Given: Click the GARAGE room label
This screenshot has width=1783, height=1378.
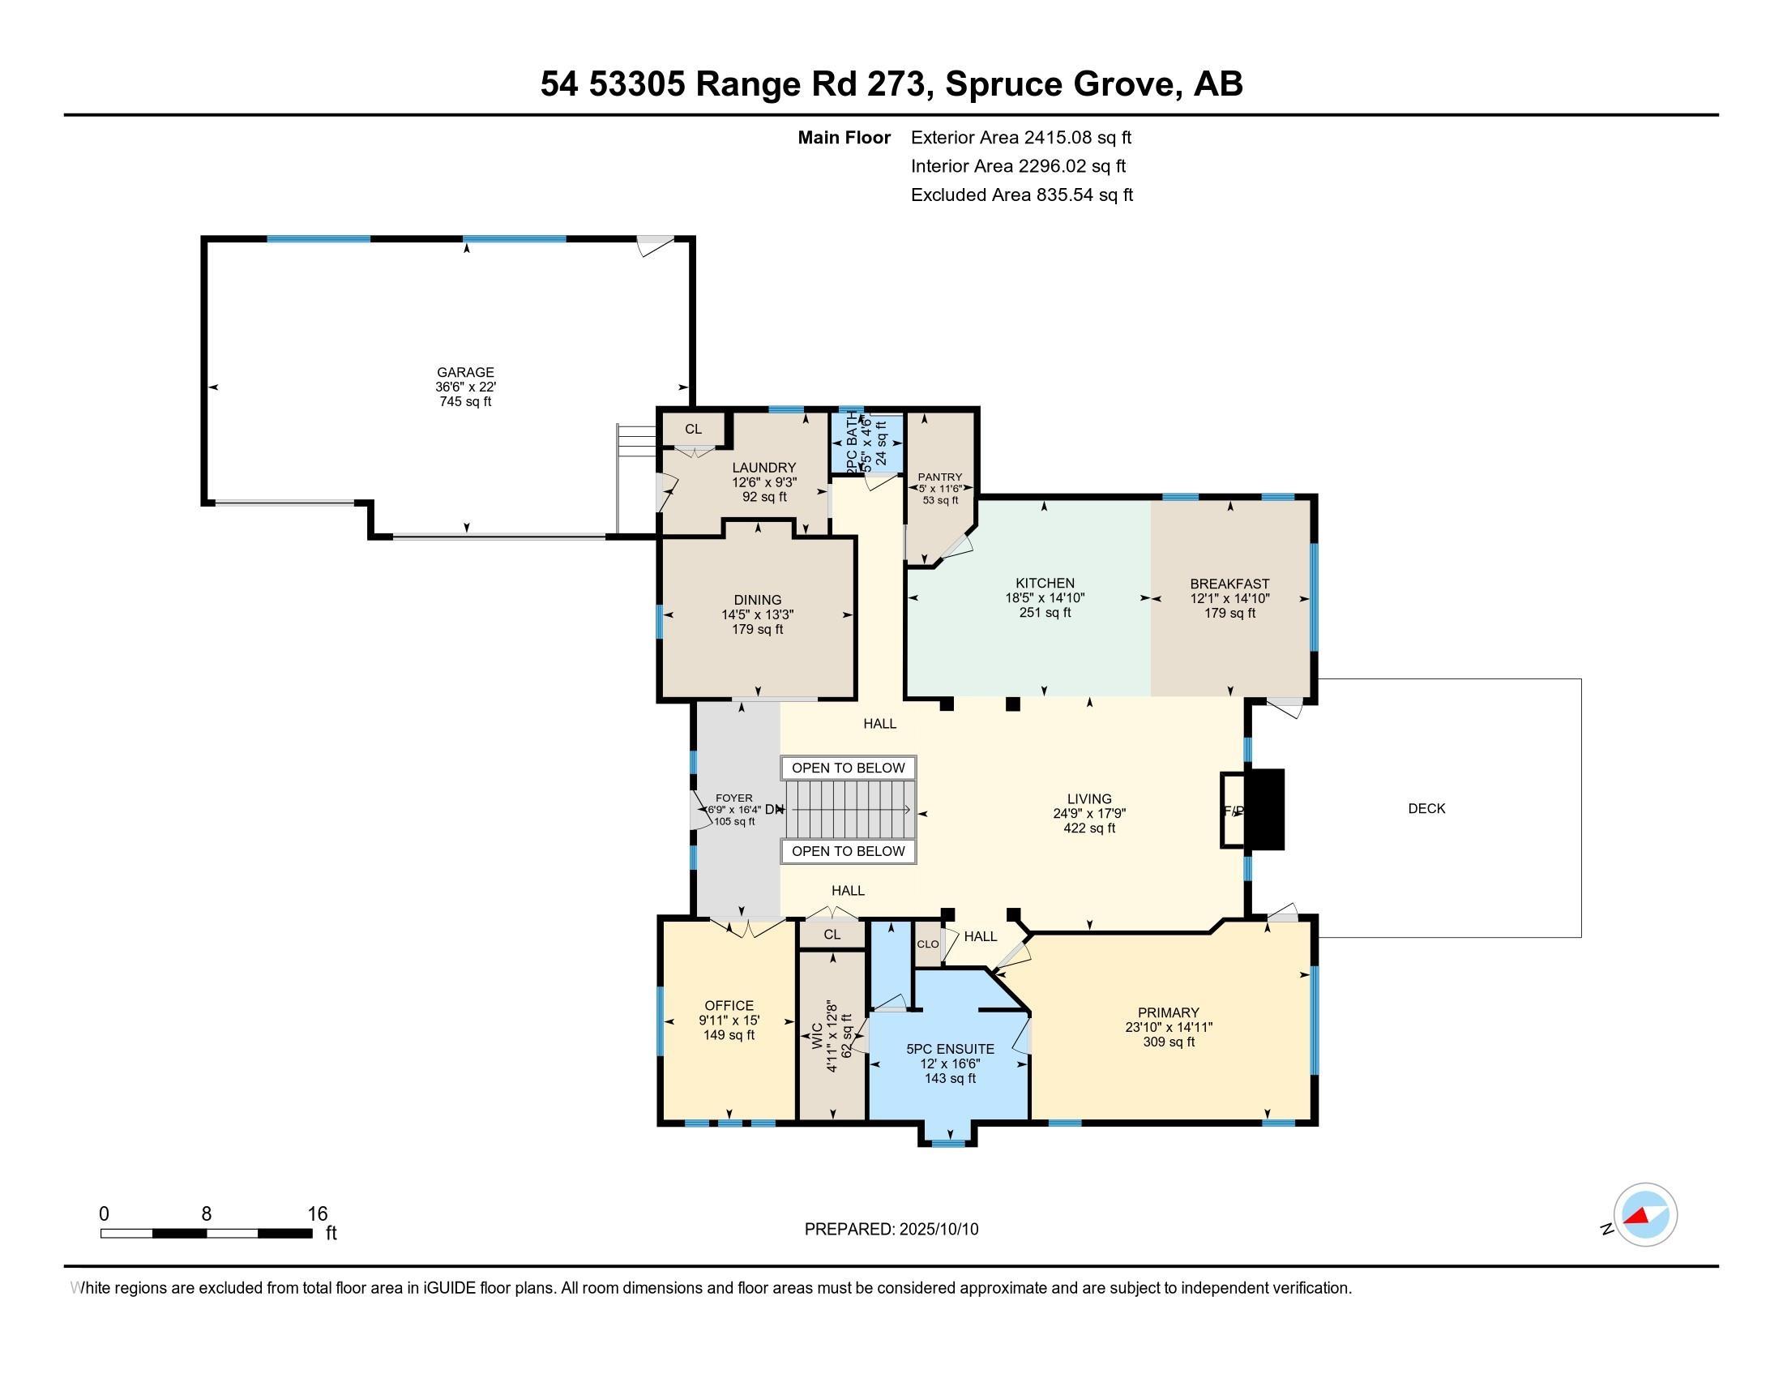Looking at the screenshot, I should tap(465, 372).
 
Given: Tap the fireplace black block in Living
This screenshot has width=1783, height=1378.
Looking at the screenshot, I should tap(1268, 809).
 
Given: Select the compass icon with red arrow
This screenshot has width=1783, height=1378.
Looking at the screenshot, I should tap(1645, 1214).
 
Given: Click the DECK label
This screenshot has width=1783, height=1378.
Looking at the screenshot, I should tap(1426, 808).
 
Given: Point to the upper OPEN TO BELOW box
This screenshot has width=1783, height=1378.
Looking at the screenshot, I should tap(849, 768).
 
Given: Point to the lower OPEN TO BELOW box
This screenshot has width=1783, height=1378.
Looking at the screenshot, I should tap(849, 851).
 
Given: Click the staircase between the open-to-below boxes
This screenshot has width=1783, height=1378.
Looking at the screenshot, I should tap(849, 809).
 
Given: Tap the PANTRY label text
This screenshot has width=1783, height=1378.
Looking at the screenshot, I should tap(939, 477).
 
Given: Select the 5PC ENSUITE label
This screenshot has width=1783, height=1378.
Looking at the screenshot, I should tap(951, 1049).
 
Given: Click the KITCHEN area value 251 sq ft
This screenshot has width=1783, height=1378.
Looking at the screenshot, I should tap(1045, 612).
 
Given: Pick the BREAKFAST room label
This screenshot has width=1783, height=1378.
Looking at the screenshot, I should tap(1229, 584).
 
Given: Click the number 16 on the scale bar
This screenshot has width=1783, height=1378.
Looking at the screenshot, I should tap(317, 1214).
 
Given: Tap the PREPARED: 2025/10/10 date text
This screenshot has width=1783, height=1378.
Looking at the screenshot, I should tap(891, 1230).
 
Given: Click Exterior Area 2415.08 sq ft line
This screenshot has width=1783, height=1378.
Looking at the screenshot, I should tap(1020, 137).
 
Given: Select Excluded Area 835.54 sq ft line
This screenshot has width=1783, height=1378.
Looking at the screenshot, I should tap(1021, 195).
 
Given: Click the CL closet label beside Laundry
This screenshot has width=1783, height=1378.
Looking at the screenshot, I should tap(693, 429).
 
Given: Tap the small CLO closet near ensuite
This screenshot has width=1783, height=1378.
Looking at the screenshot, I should tap(927, 944).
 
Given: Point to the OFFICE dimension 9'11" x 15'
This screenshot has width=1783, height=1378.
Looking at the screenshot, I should tap(729, 1021).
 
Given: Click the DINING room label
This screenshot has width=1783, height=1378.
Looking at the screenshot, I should tap(758, 600).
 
